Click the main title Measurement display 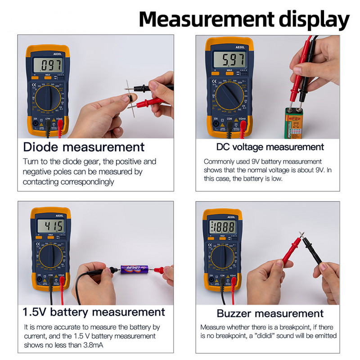243,20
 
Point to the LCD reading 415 52,226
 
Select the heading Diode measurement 84,147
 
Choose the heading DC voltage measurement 270,147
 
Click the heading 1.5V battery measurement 94,312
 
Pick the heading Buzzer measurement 270,313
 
